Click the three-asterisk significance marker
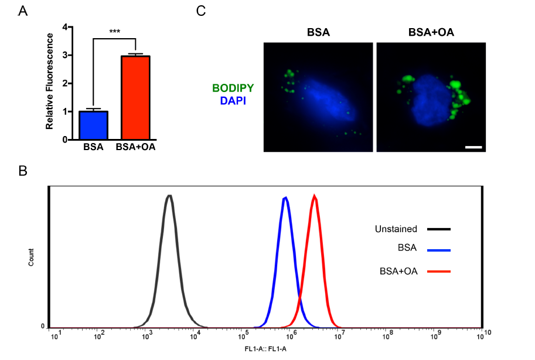coord(114,32)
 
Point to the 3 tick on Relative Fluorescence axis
coord(70,55)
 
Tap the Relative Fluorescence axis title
coord(50,81)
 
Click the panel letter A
coord(23,11)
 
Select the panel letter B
coord(23,171)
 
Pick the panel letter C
coord(201,11)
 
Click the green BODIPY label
coord(233,89)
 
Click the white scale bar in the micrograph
coord(473,147)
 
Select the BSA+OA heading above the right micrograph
coord(431,32)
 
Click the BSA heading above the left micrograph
coord(318,32)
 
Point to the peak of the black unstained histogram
coord(169,196)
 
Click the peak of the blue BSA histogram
coord(285,198)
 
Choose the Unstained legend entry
coord(396,229)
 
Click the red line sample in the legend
coord(439,271)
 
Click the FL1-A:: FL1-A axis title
coord(265,349)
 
